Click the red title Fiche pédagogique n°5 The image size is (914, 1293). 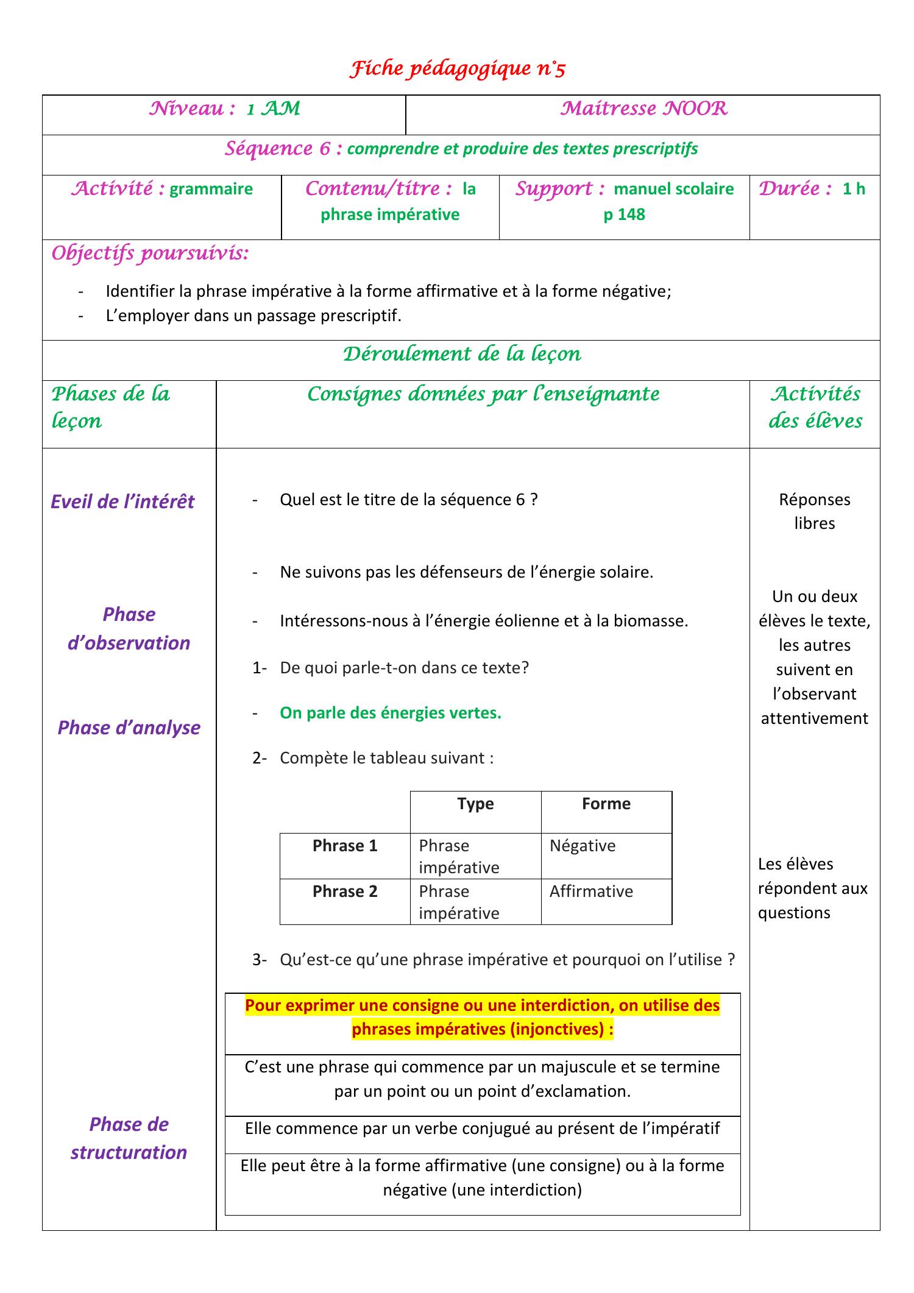point(457,69)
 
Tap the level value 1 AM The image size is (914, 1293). point(273,109)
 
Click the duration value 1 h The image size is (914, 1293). point(854,189)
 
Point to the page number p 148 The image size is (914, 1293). point(624,214)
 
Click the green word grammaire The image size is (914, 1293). point(211,189)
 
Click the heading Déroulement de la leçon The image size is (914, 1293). point(461,354)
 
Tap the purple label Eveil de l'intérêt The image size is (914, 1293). point(122,501)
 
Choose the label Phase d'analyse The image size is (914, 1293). point(129,728)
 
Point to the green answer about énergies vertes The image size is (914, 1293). point(390,713)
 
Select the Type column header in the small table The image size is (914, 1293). point(475,804)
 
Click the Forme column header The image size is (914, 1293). point(606,804)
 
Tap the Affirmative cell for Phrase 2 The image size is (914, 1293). point(590,891)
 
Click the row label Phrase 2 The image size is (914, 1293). point(345,891)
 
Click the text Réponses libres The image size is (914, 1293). point(814,511)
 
